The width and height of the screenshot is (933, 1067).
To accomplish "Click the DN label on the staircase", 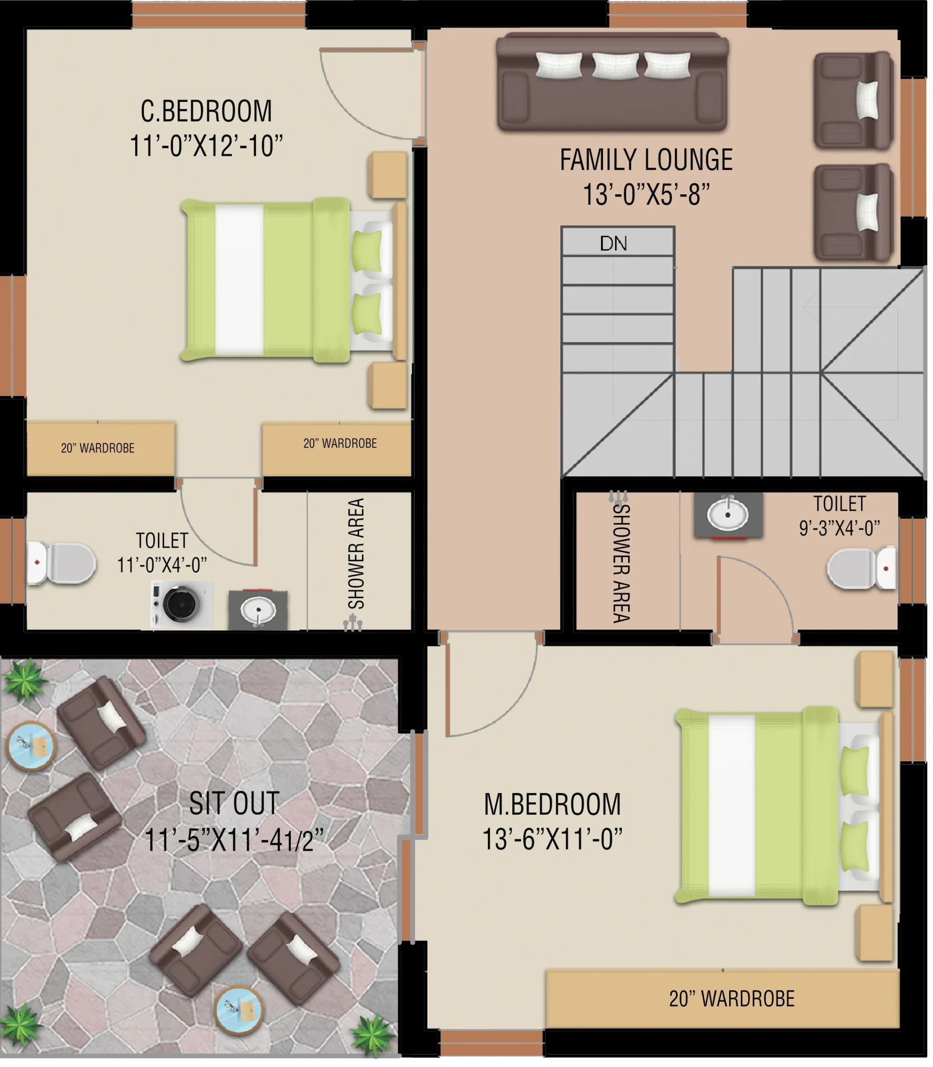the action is [x=613, y=243].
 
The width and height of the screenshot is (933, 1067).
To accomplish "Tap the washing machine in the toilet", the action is [x=181, y=604].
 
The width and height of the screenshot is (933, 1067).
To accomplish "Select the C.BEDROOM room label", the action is [x=206, y=111].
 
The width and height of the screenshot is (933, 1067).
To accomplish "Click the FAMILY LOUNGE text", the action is [x=646, y=160].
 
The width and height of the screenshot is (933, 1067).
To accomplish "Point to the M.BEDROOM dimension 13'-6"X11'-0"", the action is [x=553, y=839].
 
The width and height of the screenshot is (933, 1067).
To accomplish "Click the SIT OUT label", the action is [x=234, y=803].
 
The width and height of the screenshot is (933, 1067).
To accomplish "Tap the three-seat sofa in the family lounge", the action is [x=612, y=82].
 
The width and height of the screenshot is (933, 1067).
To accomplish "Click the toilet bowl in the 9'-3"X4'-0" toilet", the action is [x=862, y=568].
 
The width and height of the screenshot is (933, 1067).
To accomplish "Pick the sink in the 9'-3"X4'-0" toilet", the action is [x=728, y=515].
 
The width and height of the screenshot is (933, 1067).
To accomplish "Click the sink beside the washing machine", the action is [x=258, y=610].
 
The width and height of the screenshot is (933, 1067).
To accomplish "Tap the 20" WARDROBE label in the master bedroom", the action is [x=732, y=999].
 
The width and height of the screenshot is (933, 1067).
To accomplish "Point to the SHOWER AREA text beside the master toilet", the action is [x=621, y=563].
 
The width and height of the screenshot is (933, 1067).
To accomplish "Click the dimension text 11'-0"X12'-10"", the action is [x=206, y=146].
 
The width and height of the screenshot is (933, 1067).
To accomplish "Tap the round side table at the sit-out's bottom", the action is [x=239, y=1011].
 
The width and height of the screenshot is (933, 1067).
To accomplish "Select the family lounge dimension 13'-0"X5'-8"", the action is [x=646, y=194].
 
